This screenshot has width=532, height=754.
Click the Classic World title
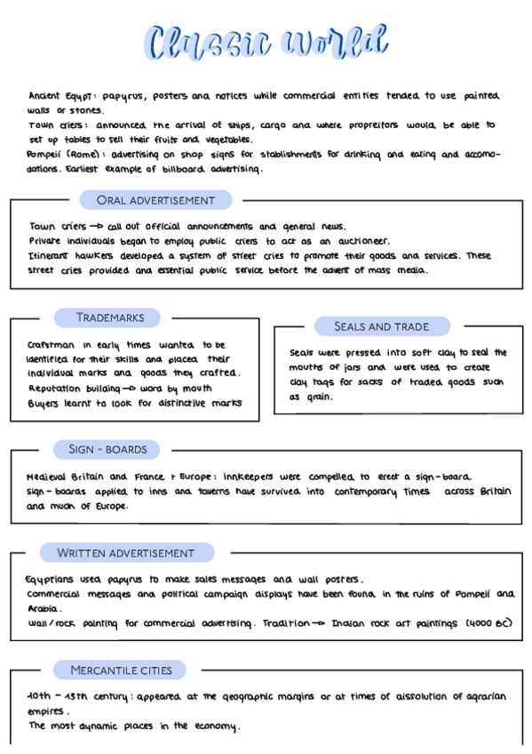tap(267, 43)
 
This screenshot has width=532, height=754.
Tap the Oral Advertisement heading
tap(155, 200)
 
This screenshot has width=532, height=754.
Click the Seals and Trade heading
tap(381, 326)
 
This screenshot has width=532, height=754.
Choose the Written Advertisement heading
tap(125, 553)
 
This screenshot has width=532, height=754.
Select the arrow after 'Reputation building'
tap(127, 389)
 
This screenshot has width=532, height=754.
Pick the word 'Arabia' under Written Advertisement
tap(43, 610)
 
